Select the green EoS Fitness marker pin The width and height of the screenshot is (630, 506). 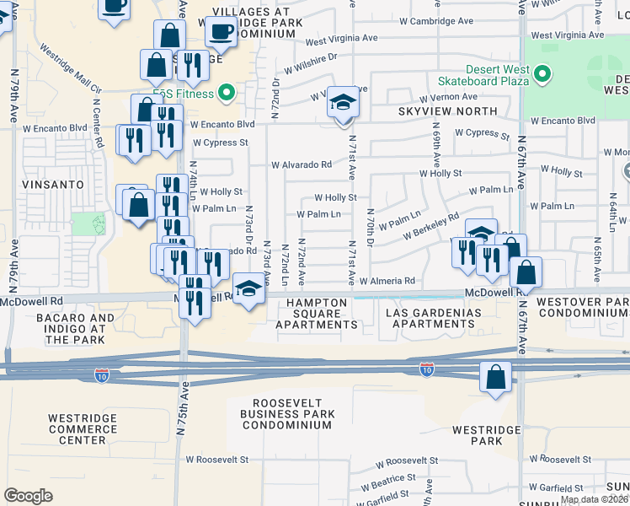(x=226, y=91)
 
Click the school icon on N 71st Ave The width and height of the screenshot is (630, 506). (x=342, y=104)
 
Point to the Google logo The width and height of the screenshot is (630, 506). (x=28, y=495)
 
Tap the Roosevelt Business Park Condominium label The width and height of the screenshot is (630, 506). (x=287, y=413)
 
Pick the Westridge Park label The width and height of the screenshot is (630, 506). (x=477, y=435)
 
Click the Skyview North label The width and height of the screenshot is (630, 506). (x=439, y=111)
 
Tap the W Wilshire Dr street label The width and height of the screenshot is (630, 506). (x=310, y=62)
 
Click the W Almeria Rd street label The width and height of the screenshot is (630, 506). (x=387, y=281)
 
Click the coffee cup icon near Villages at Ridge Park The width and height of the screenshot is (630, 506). (x=222, y=32)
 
